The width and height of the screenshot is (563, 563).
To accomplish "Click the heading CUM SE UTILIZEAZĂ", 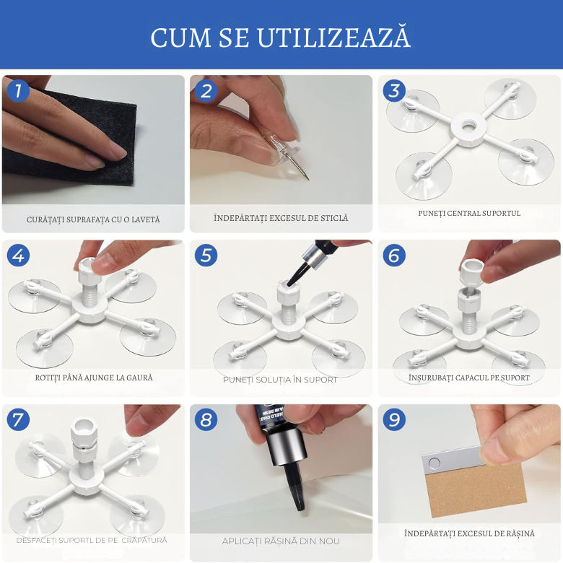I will click(281, 37).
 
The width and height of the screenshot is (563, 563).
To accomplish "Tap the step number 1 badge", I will click(18, 90).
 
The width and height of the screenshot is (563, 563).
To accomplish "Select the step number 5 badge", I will click(206, 255).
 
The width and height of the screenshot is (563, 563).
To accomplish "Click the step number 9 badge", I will click(394, 419).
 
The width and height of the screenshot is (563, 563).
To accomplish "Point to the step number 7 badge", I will click(18, 419).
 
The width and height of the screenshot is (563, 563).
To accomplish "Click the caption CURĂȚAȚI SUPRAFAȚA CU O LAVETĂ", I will click(93, 219).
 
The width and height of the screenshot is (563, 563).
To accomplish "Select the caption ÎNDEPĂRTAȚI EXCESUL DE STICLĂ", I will click(281, 217).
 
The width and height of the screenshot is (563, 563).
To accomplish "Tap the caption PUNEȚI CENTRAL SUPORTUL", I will click(469, 213).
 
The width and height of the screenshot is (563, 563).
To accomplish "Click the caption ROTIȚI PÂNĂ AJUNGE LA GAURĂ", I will click(94, 377).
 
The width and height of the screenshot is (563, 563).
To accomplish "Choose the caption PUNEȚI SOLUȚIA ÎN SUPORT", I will click(280, 379).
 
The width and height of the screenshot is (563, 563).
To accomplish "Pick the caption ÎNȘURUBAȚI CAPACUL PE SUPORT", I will click(468, 377).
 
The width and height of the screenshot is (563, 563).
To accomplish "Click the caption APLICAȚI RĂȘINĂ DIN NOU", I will click(281, 541).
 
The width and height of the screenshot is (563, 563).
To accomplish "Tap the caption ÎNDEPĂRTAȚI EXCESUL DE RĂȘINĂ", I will click(469, 533).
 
